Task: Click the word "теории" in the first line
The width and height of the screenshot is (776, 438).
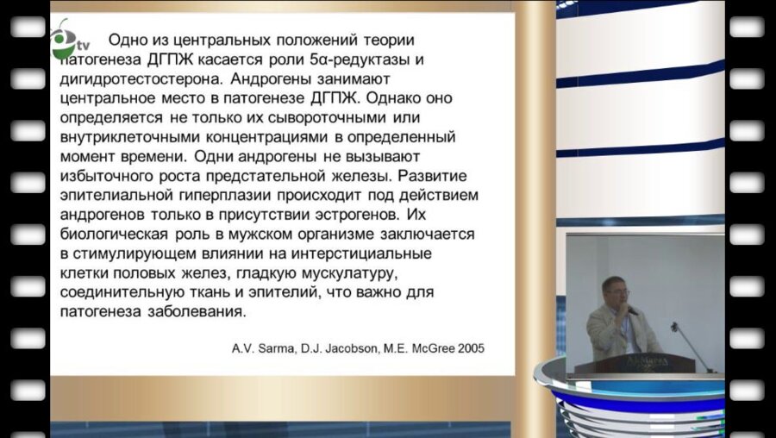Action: point(385,40)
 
